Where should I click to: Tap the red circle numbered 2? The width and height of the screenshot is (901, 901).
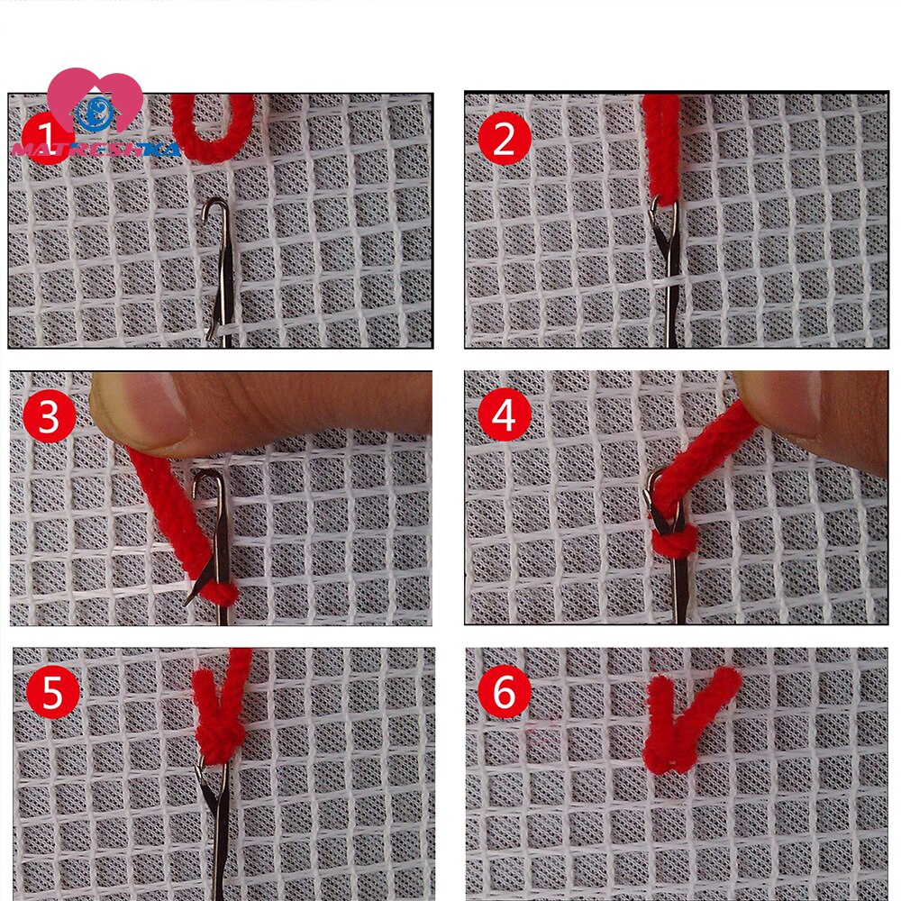(504, 140)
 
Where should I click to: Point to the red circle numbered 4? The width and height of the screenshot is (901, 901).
(504, 416)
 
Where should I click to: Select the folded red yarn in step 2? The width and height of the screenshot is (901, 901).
(660, 144)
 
